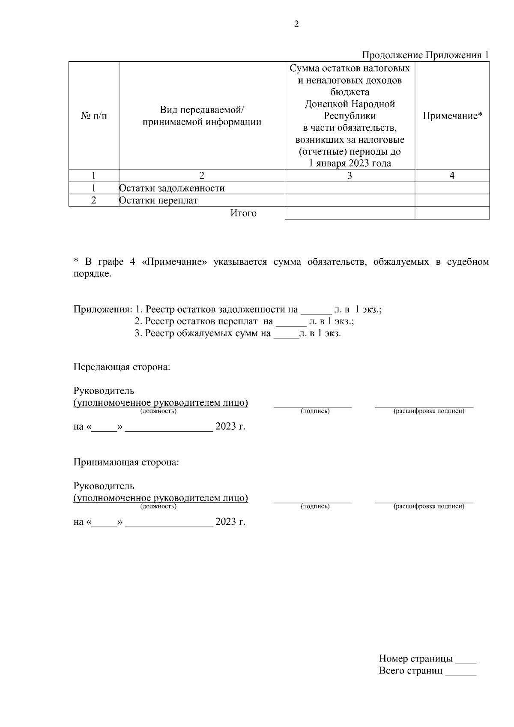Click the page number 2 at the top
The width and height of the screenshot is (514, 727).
296,24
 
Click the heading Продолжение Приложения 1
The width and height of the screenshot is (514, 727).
425,55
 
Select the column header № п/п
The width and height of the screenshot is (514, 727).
94,116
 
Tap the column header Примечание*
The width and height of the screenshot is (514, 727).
452,116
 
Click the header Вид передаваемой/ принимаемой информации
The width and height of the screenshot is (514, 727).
202,116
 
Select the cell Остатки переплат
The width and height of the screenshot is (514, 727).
158,200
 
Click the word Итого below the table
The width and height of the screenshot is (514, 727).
243,213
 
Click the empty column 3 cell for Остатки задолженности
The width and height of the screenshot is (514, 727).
350,188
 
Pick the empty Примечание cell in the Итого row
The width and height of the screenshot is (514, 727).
452,213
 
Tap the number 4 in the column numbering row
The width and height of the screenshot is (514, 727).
452,175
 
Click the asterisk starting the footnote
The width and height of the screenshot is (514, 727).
76,262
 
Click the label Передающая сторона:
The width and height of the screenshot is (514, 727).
122,368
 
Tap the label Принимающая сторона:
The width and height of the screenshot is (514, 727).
126,463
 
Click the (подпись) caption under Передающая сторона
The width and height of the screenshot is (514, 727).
315,411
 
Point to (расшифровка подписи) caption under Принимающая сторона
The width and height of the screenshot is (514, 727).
428,506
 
